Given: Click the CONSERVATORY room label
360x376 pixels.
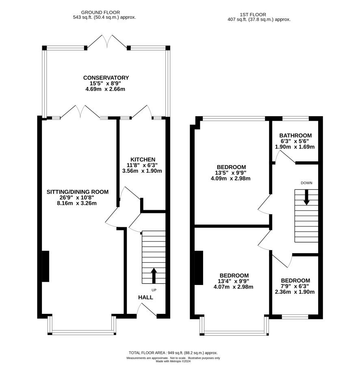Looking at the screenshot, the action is tap(106, 78).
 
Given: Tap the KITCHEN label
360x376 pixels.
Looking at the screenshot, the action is tap(143, 159).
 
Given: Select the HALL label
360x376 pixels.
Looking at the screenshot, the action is tap(145, 298).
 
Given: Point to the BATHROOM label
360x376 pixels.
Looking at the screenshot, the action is tap(295, 135).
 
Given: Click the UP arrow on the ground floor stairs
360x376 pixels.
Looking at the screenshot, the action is tap(154, 276).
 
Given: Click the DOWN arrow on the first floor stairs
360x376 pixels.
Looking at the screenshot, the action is tap(306, 198).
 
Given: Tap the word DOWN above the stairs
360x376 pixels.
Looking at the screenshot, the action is tap(306, 183).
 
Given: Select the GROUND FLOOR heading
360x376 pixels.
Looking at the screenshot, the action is tap(100, 13).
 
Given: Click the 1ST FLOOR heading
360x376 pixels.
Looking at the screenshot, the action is tap(253, 15).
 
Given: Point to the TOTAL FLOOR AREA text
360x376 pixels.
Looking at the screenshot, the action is tap(173, 353).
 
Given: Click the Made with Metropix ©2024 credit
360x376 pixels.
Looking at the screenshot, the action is tap(173, 361).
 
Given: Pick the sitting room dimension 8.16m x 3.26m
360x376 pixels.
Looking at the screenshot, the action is tap(77, 203).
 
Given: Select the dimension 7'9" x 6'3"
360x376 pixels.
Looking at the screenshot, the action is tap(295, 286).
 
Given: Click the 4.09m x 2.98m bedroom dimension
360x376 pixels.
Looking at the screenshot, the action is tap(230, 178).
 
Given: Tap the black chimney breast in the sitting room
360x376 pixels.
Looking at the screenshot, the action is tap(46, 266).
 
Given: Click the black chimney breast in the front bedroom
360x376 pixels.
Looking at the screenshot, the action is tap(199, 268).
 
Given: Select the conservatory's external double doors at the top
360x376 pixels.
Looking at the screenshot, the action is tap(107, 42).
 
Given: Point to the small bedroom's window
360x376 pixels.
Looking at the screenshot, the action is tap(295, 317).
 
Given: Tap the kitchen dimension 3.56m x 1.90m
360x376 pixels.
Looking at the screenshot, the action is tap(142, 171).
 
